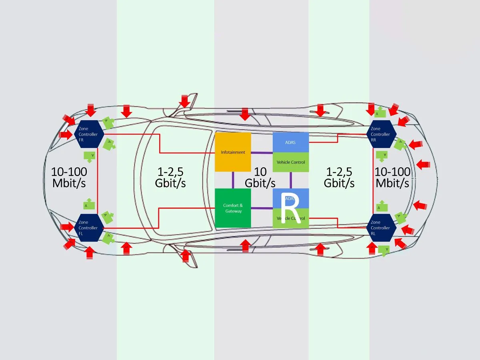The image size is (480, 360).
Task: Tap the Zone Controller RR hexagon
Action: (382, 134)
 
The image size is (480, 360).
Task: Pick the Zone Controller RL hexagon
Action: (381, 228)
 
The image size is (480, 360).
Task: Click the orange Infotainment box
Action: (233, 152)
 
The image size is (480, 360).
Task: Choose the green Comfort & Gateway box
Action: (233, 208)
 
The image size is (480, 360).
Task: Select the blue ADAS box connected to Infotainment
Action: (290, 142)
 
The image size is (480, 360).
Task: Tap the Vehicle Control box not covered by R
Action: (290, 162)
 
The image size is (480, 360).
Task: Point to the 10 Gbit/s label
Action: (260, 177)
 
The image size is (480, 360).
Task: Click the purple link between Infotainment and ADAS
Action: (262, 152)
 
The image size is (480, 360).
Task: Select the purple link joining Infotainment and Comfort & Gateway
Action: (233, 180)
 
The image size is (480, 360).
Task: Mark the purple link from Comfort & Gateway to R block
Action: (262, 208)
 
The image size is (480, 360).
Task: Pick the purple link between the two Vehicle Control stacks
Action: (291, 180)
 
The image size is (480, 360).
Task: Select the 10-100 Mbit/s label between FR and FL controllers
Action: (69, 177)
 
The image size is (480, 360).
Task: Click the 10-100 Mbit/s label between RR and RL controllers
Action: (392, 177)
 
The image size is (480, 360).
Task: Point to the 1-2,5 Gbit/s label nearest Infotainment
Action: (170, 177)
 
